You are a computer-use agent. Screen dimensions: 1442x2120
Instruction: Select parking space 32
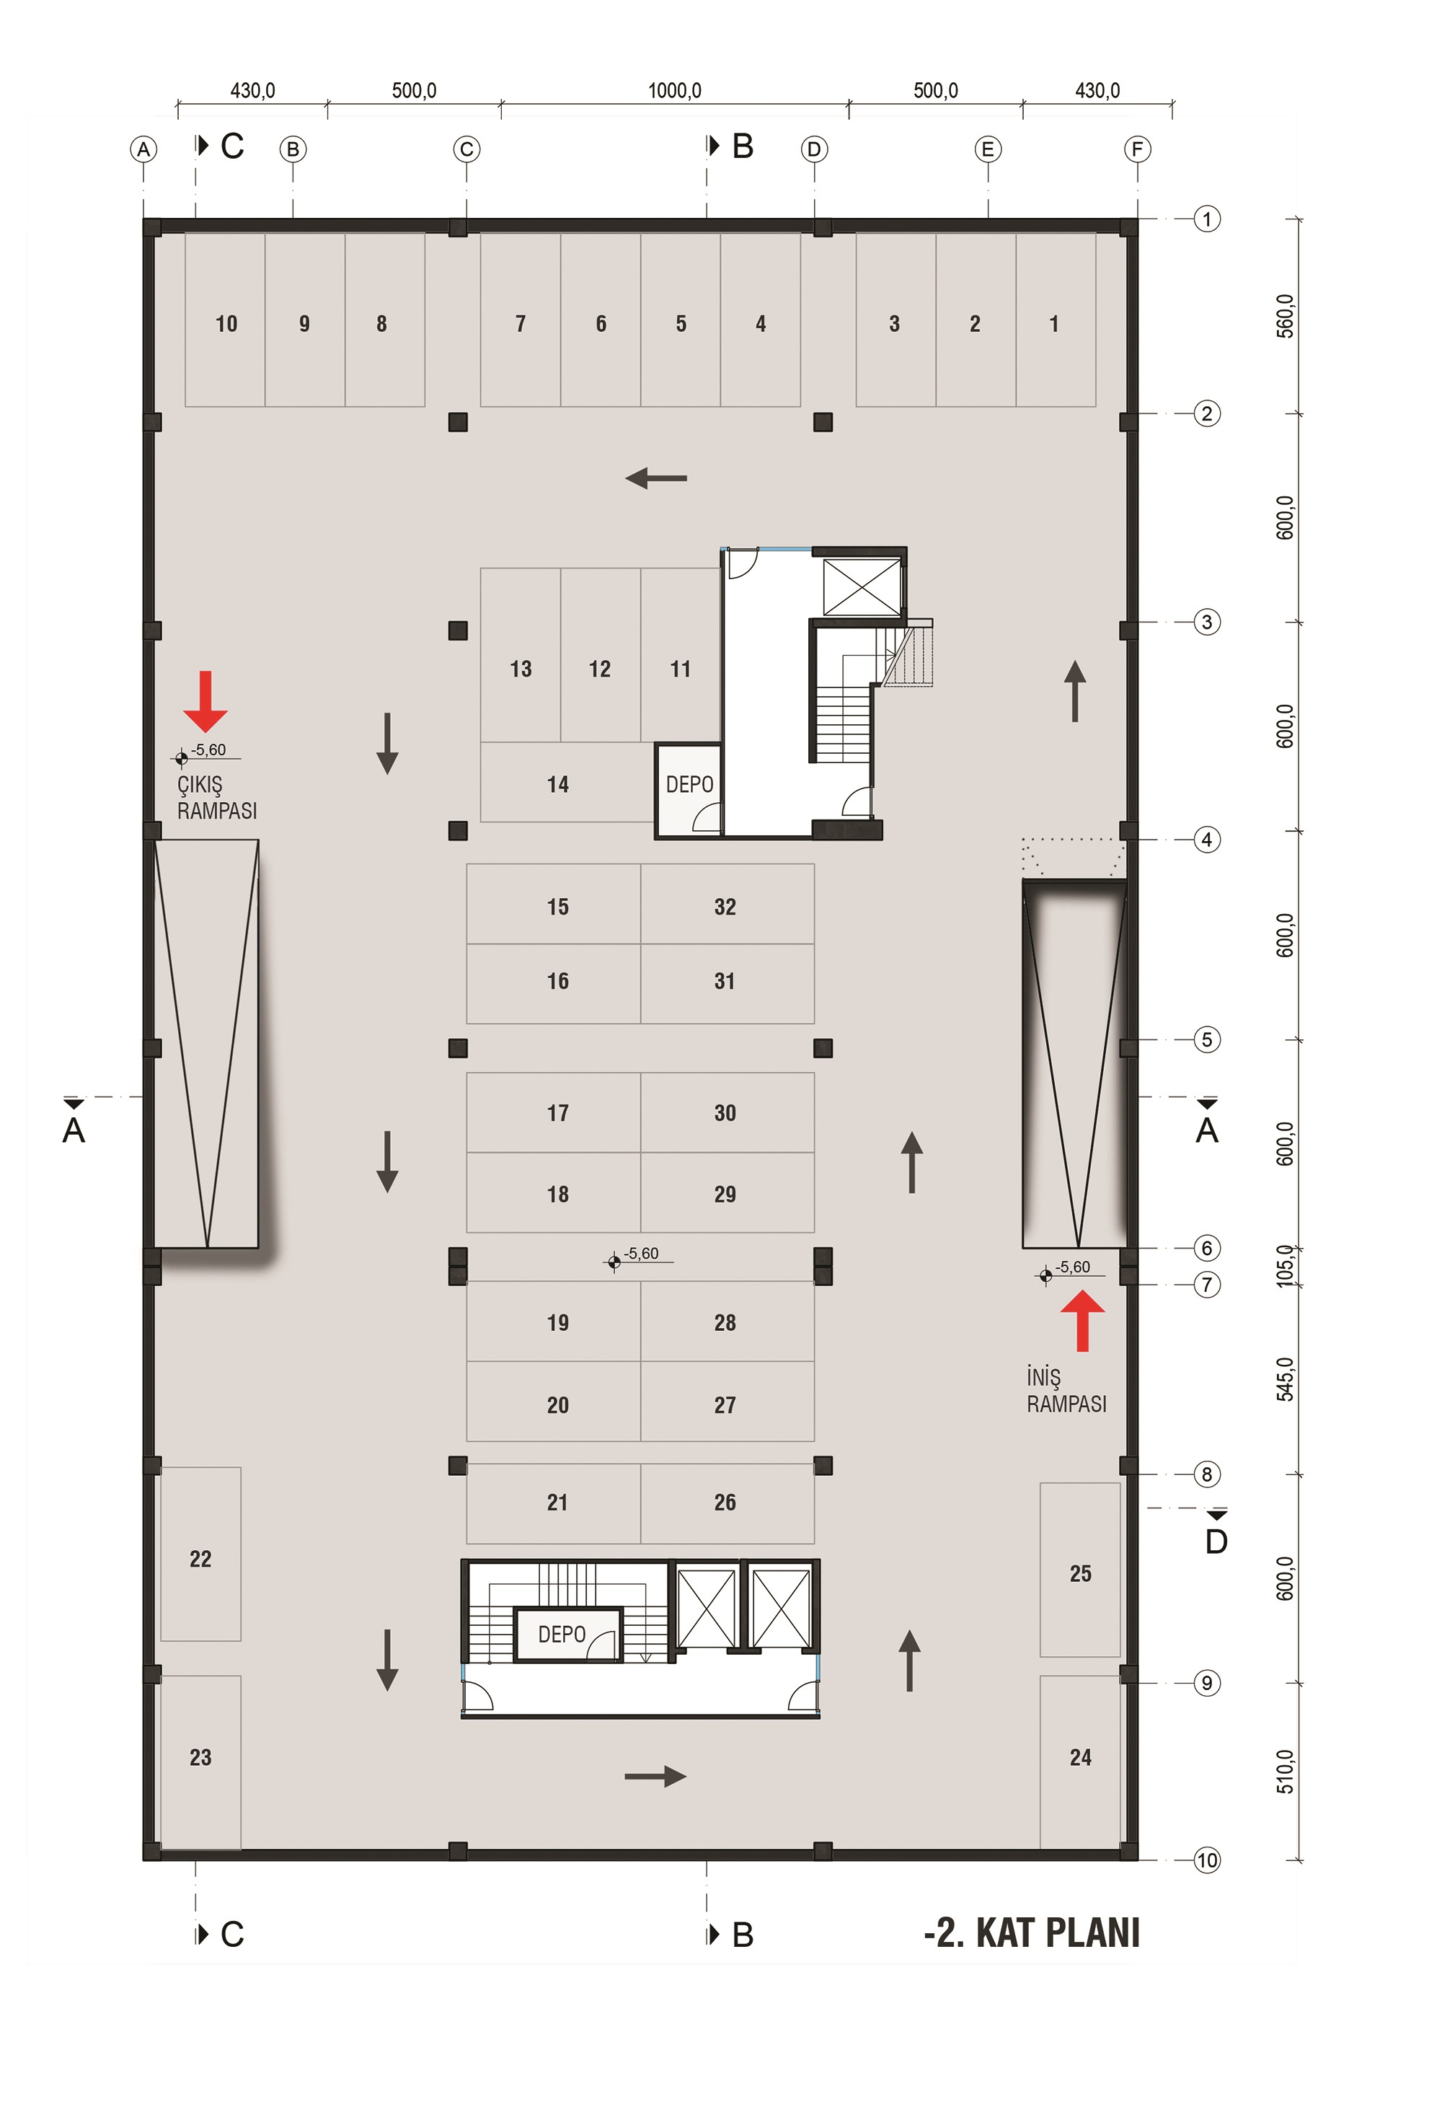point(727,903)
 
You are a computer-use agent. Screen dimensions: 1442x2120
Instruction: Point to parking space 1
point(1056,320)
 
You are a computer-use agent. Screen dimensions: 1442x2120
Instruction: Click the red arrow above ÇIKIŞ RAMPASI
point(205,702)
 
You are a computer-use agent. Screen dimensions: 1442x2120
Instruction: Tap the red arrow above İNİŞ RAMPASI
point(1083,1320)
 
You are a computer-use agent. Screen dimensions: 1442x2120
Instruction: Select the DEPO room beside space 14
point(689,790)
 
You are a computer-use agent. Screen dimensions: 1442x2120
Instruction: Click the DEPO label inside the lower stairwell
point(562,1634)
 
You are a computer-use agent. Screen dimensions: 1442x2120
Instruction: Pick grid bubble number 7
point(1207,1285)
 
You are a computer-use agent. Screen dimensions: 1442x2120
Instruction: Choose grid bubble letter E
point(988,149)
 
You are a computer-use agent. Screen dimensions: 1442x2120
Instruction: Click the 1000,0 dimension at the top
point(675,90)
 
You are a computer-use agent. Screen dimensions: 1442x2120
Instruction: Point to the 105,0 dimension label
point(1285,1265)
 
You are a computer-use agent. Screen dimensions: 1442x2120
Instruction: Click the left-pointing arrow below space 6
point(656,477)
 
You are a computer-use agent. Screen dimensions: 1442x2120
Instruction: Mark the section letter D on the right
point(1216,1541)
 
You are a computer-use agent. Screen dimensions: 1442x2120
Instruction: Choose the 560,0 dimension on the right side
point(1285,317)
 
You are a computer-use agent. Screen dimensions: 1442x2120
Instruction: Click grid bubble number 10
point(1207,1860)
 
